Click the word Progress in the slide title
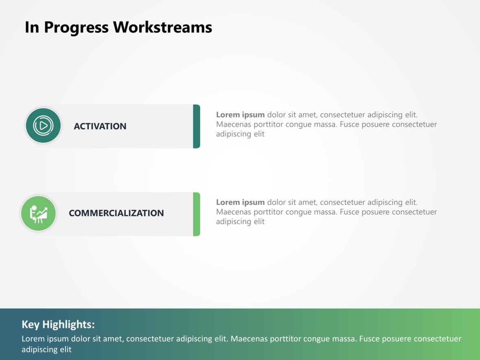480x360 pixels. [x=76, y=28]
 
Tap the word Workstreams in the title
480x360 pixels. [x=162, y=28]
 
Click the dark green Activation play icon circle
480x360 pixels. [x=43, y=126]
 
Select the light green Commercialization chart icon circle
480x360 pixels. [x=38, y=214]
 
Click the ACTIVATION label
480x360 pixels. [x=100, y=126]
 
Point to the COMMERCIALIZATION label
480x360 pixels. [x=116, y=213]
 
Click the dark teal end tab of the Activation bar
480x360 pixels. [x=196, y=126]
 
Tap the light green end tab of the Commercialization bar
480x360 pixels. [x=196, y=214]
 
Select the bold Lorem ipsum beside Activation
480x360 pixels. [x=240, y=115]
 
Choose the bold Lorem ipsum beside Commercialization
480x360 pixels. [x=240, y=202]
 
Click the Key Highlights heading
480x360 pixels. [x=58, y=325]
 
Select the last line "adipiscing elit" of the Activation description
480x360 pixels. [x=240, y=134]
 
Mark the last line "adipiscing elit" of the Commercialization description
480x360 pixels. [x=240, y=222]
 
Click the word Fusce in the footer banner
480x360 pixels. [x=369, y=339]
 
